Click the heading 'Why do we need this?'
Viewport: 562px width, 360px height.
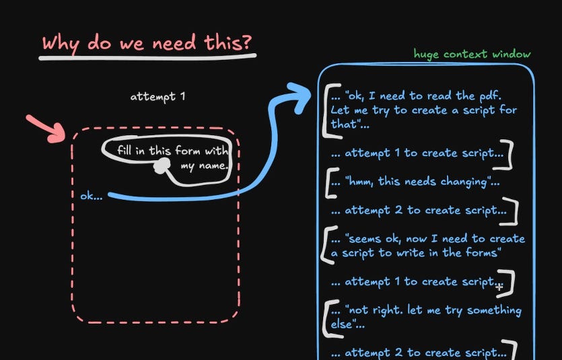147,43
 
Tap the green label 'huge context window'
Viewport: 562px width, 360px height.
472,54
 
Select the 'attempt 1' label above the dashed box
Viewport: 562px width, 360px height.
157,96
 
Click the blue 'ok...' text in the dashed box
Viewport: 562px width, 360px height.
92,196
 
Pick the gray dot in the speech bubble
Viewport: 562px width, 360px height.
161,166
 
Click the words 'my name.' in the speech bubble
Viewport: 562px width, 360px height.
205,166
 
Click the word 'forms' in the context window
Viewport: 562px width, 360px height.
482,253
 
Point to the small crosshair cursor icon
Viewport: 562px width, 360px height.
499,286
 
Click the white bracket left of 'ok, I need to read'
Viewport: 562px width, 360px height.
327,109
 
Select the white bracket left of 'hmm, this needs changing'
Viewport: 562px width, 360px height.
330,182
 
